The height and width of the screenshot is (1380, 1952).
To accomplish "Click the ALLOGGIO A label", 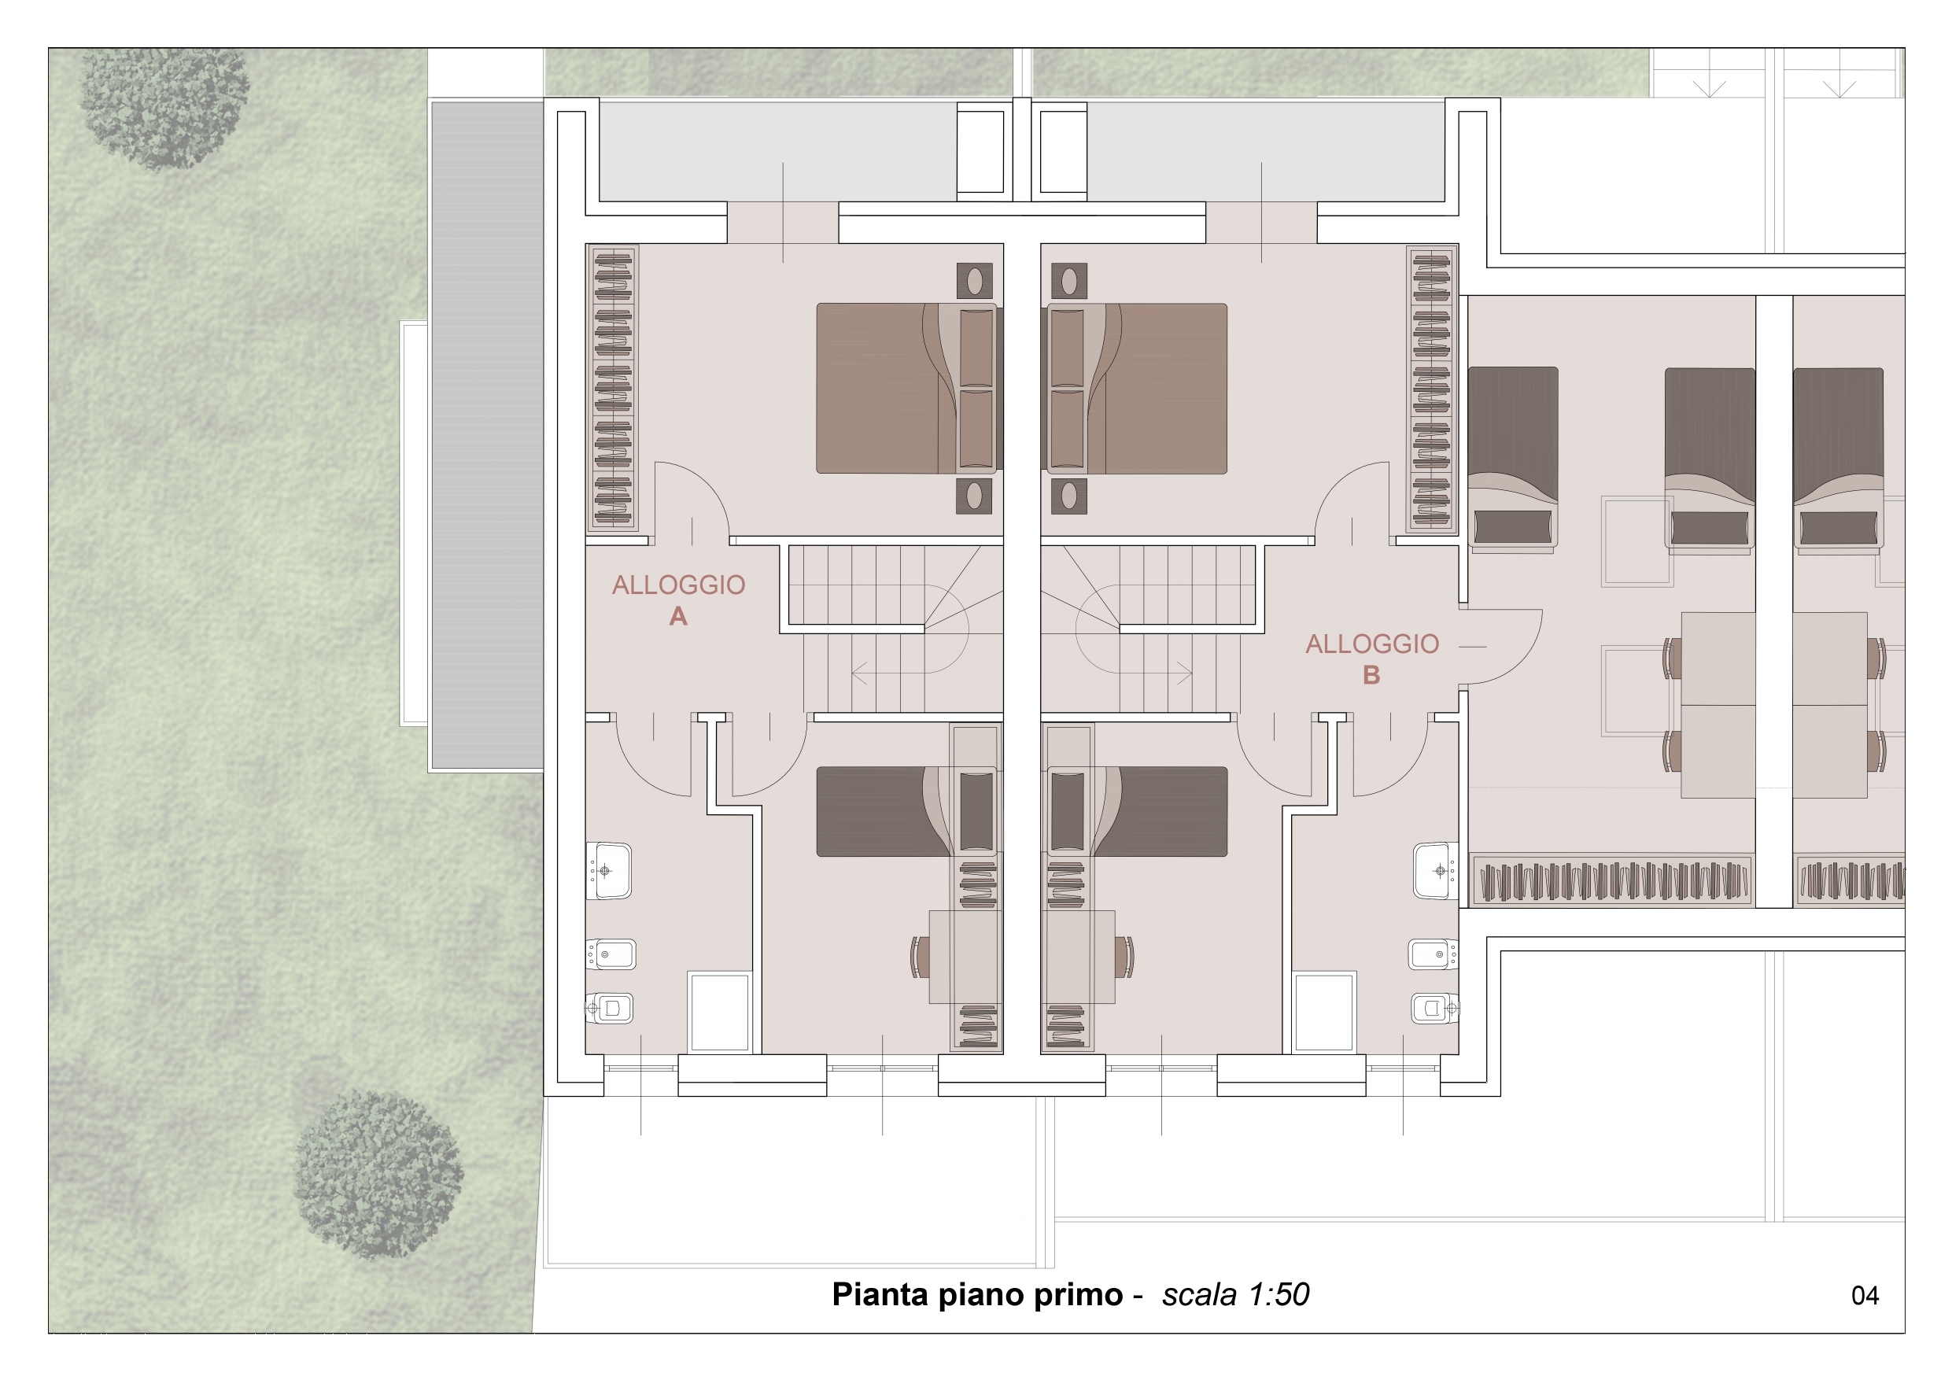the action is pyautogui.click(x=678, y=600).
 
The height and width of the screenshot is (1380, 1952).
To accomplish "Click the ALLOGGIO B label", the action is pyautogui.click(x=1372, y=659).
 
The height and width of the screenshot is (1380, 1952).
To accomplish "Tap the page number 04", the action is pyautogui.click(x=1865, y=1295).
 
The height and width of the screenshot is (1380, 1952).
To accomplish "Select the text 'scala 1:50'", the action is pyautogui.click(x=1235, y=1294).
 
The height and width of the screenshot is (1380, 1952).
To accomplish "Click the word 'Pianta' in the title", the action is pyautogui.click(x=879, y=1294).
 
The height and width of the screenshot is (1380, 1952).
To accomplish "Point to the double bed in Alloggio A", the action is pyautogui.click(x=909, y=389).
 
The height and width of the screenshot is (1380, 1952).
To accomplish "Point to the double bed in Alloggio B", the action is pyautogui.click(x=1134, y=389).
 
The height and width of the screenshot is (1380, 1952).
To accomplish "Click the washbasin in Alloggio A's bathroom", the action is pyautogui.click(x=609, y=871).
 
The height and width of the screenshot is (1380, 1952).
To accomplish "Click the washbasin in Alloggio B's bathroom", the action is pyautogui.click(x=1436, y=871).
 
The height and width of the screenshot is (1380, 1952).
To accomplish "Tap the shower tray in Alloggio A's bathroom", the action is pyautogui.click(x=719, y=1013).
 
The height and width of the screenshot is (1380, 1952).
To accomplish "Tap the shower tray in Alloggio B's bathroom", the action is pyautogui.click(x=1323, y=1013).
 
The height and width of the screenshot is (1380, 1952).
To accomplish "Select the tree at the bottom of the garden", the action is pyautogui.click(x=378, y=1174).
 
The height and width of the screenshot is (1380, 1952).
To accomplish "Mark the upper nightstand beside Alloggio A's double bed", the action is pyautogui.click(x=974, y=281).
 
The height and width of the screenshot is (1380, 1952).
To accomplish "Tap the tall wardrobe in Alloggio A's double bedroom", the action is pyautogui.click(x=613, y=388).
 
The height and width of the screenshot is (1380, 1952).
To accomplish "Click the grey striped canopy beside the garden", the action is pyautogui.click(x=487, y=435).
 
